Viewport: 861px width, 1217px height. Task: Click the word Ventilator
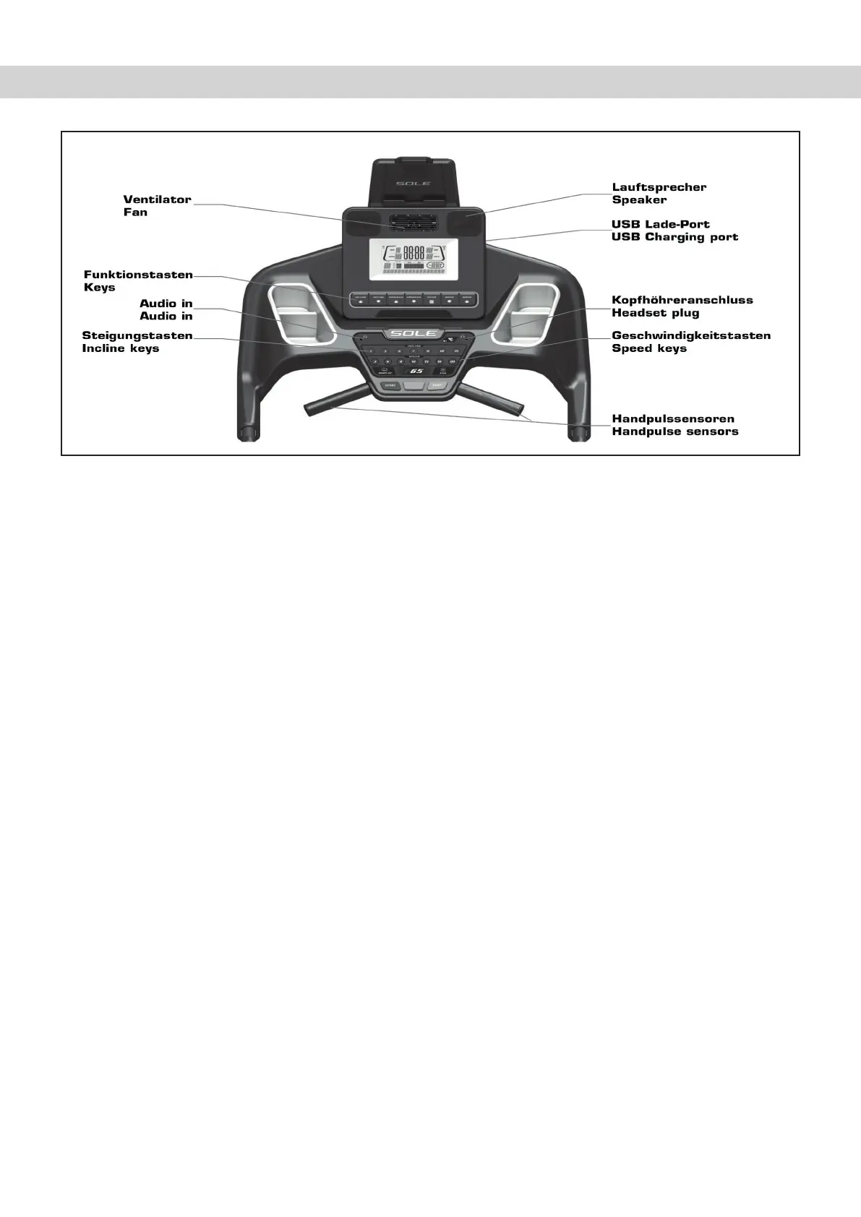tap(157, 199)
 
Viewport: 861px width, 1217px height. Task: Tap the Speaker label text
tap(639, 200)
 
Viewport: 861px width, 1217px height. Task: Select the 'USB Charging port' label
tap(674, 237)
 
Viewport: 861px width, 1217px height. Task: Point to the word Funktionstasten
tap(138, 275)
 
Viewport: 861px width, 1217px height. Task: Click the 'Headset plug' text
tap(655, 313)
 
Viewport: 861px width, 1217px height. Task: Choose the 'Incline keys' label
tap(121, 348)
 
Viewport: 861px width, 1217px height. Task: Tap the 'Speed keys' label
tap(648, 348)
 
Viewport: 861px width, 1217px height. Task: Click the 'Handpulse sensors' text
tap(674, 431)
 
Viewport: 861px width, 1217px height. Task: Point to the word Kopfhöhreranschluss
tap(682, 300)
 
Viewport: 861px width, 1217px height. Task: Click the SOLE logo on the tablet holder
tap(414, 184)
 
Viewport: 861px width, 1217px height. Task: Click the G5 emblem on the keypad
tap(415, 371)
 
